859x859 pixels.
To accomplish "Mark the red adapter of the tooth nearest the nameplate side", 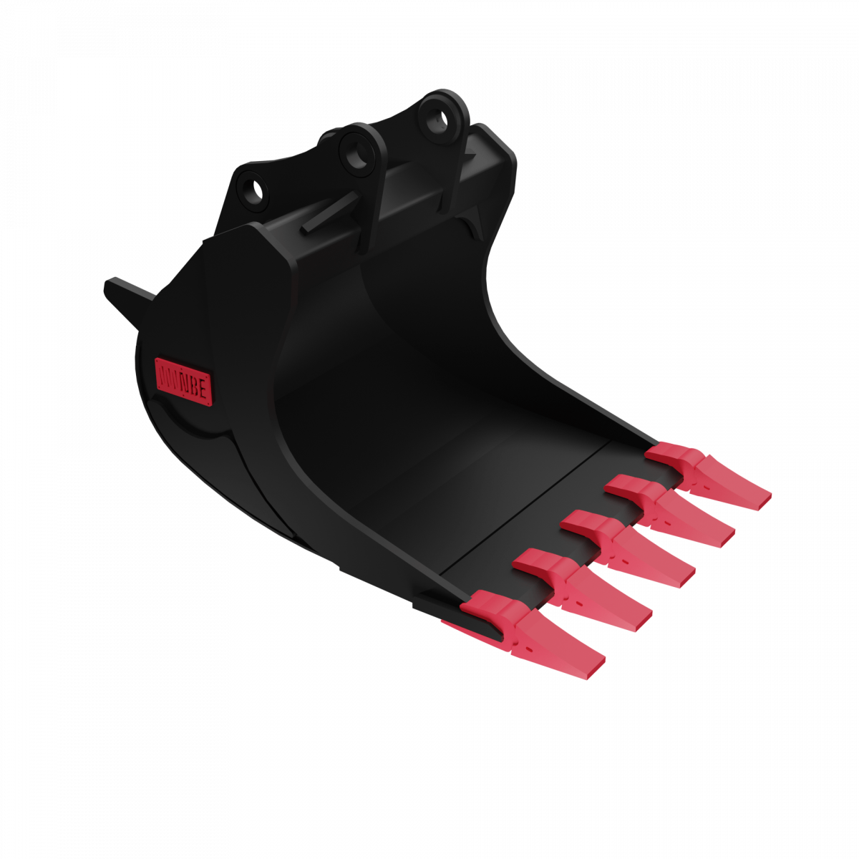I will (494, 609).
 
